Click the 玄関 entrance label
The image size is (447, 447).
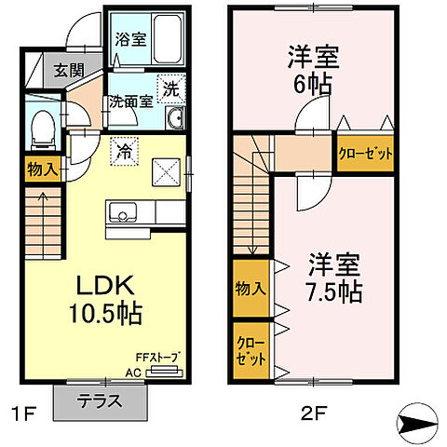[x=43, y=70]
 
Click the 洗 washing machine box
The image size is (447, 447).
[x=170, y=89]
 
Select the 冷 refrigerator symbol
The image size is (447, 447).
[x=122, y=149]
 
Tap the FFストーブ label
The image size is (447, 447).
[x=158, y=358]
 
